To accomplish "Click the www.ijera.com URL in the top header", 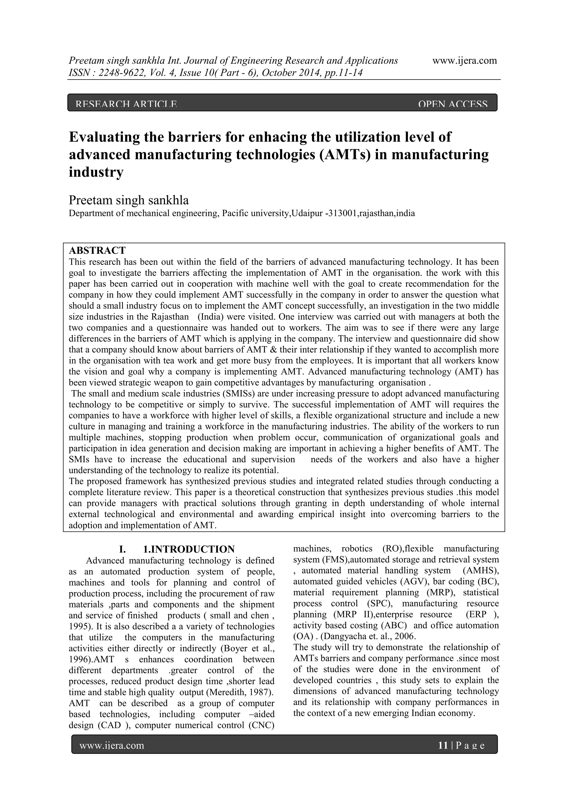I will point(465,61).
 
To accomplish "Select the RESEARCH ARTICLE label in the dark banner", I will point(126,104).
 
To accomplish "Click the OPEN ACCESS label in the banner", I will point(453,104).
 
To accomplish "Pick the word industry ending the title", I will point(96,172).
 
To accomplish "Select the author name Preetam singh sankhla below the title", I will point(129,200).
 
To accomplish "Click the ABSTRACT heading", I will point(97,250).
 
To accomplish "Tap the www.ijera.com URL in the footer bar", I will point(112,746).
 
